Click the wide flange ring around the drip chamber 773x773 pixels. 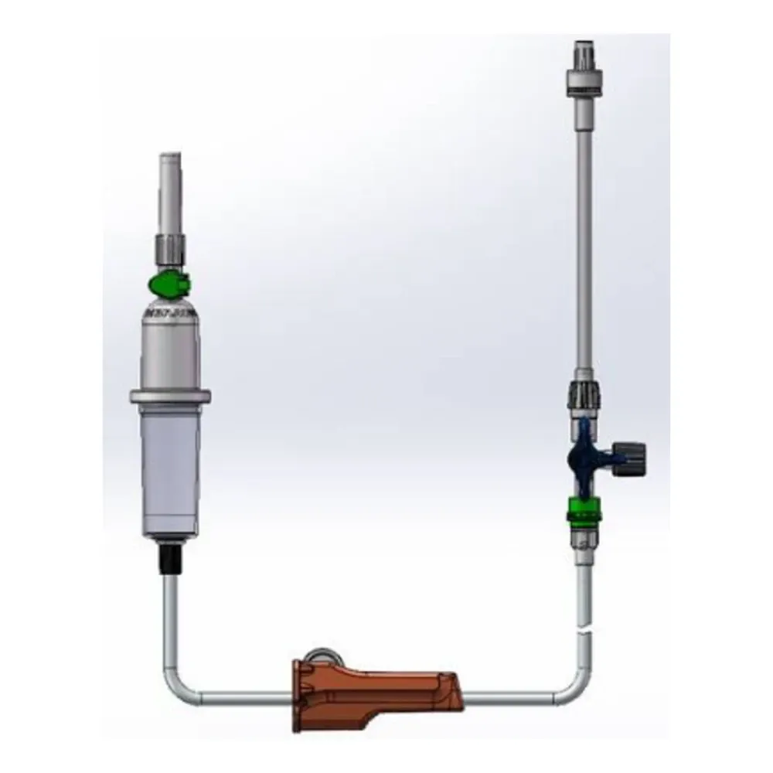tap(172, 397)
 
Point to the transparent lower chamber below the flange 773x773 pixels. tap(172, 472)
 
